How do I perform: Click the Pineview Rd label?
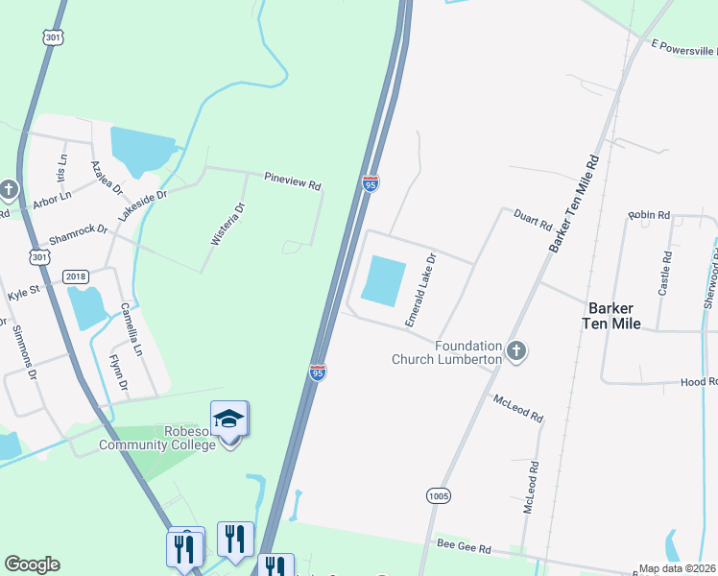pyautogui.click(x=293, y=180)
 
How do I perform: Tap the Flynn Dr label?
pyautogui.click(x=118, y=372)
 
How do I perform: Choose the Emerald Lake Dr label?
pyautogui.click(x=420, y=290)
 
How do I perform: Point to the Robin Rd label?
pyautogui.click(x=649, y=216)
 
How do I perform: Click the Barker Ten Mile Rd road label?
pyautogui.click(x=575, y=204)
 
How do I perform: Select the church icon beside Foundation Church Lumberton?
pyautogui.click(x=516, y=351)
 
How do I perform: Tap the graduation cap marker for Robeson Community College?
pyautogui.click(x=229, y=419)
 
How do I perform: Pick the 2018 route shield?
pyautogui.click(x=76, y=276)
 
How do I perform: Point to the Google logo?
pyautogui.click(x=32, y=564)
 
